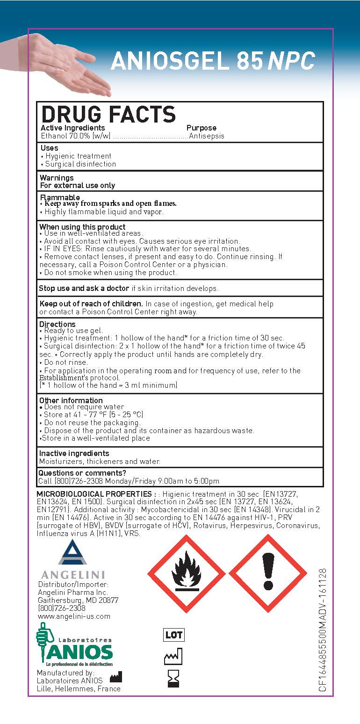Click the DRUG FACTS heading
tap(108, 114)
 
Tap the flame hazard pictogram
tap(186, 573)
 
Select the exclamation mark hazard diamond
tap(268, 573)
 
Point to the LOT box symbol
tap(173, 635)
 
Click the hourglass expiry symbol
tap(173, 679)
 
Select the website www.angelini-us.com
tap(74, 616)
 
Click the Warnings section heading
tap(57, 178)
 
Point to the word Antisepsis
tap(206, 136)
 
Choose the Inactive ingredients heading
tap(74, 453)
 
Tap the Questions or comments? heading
tap(82, 473)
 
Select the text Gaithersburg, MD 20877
tap(78, 601)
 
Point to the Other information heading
tap(71, 400)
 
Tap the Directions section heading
tap(57, 324)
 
